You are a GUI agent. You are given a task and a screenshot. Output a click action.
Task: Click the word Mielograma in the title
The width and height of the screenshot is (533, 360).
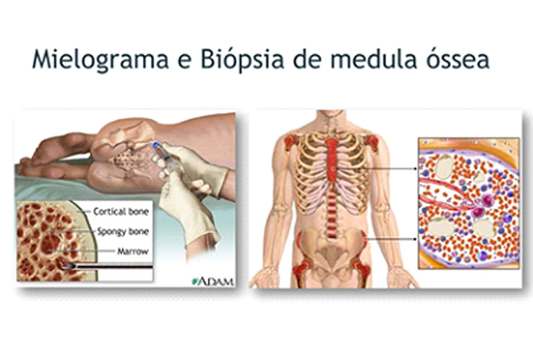point(100,59)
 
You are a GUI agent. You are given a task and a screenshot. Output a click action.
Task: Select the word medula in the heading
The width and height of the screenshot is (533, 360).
point(373,59)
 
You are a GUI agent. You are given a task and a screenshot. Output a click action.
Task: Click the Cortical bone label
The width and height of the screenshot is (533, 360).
point(121,212)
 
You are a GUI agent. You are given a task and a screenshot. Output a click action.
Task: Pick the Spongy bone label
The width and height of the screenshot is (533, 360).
point(123,232)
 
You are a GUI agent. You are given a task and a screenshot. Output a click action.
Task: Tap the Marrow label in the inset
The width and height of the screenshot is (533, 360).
point(133,251)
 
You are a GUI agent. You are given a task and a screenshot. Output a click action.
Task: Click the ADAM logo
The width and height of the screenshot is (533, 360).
point(213,281)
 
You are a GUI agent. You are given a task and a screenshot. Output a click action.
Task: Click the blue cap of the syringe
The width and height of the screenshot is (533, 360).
point(156,146)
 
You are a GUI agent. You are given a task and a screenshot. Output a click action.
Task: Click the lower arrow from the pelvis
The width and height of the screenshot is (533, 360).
point(391,239)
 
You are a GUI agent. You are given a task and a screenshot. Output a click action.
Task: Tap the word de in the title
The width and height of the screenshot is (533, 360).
point(307,59)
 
